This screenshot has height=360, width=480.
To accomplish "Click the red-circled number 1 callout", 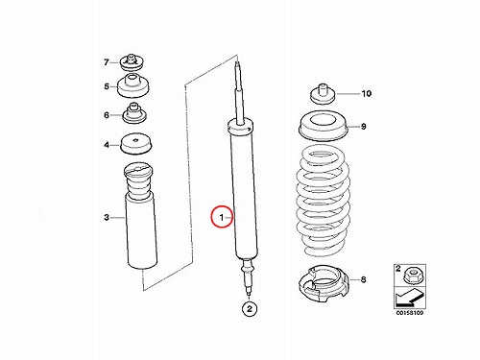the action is point(222,217).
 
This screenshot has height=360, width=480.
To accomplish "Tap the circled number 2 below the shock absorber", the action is point(250,309).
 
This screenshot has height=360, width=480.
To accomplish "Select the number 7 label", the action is point(107,62).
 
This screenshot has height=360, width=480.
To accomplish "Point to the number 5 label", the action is point(107,86).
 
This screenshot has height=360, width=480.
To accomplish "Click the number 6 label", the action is point(107,115).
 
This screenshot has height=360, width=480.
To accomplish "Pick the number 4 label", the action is point(107,145).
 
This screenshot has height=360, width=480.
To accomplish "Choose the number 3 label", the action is point(107,217).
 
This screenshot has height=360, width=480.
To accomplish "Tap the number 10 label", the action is point(367,93).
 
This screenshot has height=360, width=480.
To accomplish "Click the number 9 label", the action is point(364,127).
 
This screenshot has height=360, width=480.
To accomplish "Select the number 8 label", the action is point(364,279).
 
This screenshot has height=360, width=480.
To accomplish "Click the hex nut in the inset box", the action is point(413,276).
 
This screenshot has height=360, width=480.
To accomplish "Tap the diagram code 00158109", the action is point(410,313).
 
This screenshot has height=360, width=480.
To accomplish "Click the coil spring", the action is point(323,201).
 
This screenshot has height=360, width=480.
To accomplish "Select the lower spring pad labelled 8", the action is point(324,283).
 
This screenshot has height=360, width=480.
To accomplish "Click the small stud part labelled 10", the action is point(324,94).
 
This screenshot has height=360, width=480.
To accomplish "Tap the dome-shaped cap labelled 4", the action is point(135,144).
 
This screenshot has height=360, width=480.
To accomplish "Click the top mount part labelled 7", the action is point(132,63).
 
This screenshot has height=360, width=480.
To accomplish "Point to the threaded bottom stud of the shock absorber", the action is point(249,276).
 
